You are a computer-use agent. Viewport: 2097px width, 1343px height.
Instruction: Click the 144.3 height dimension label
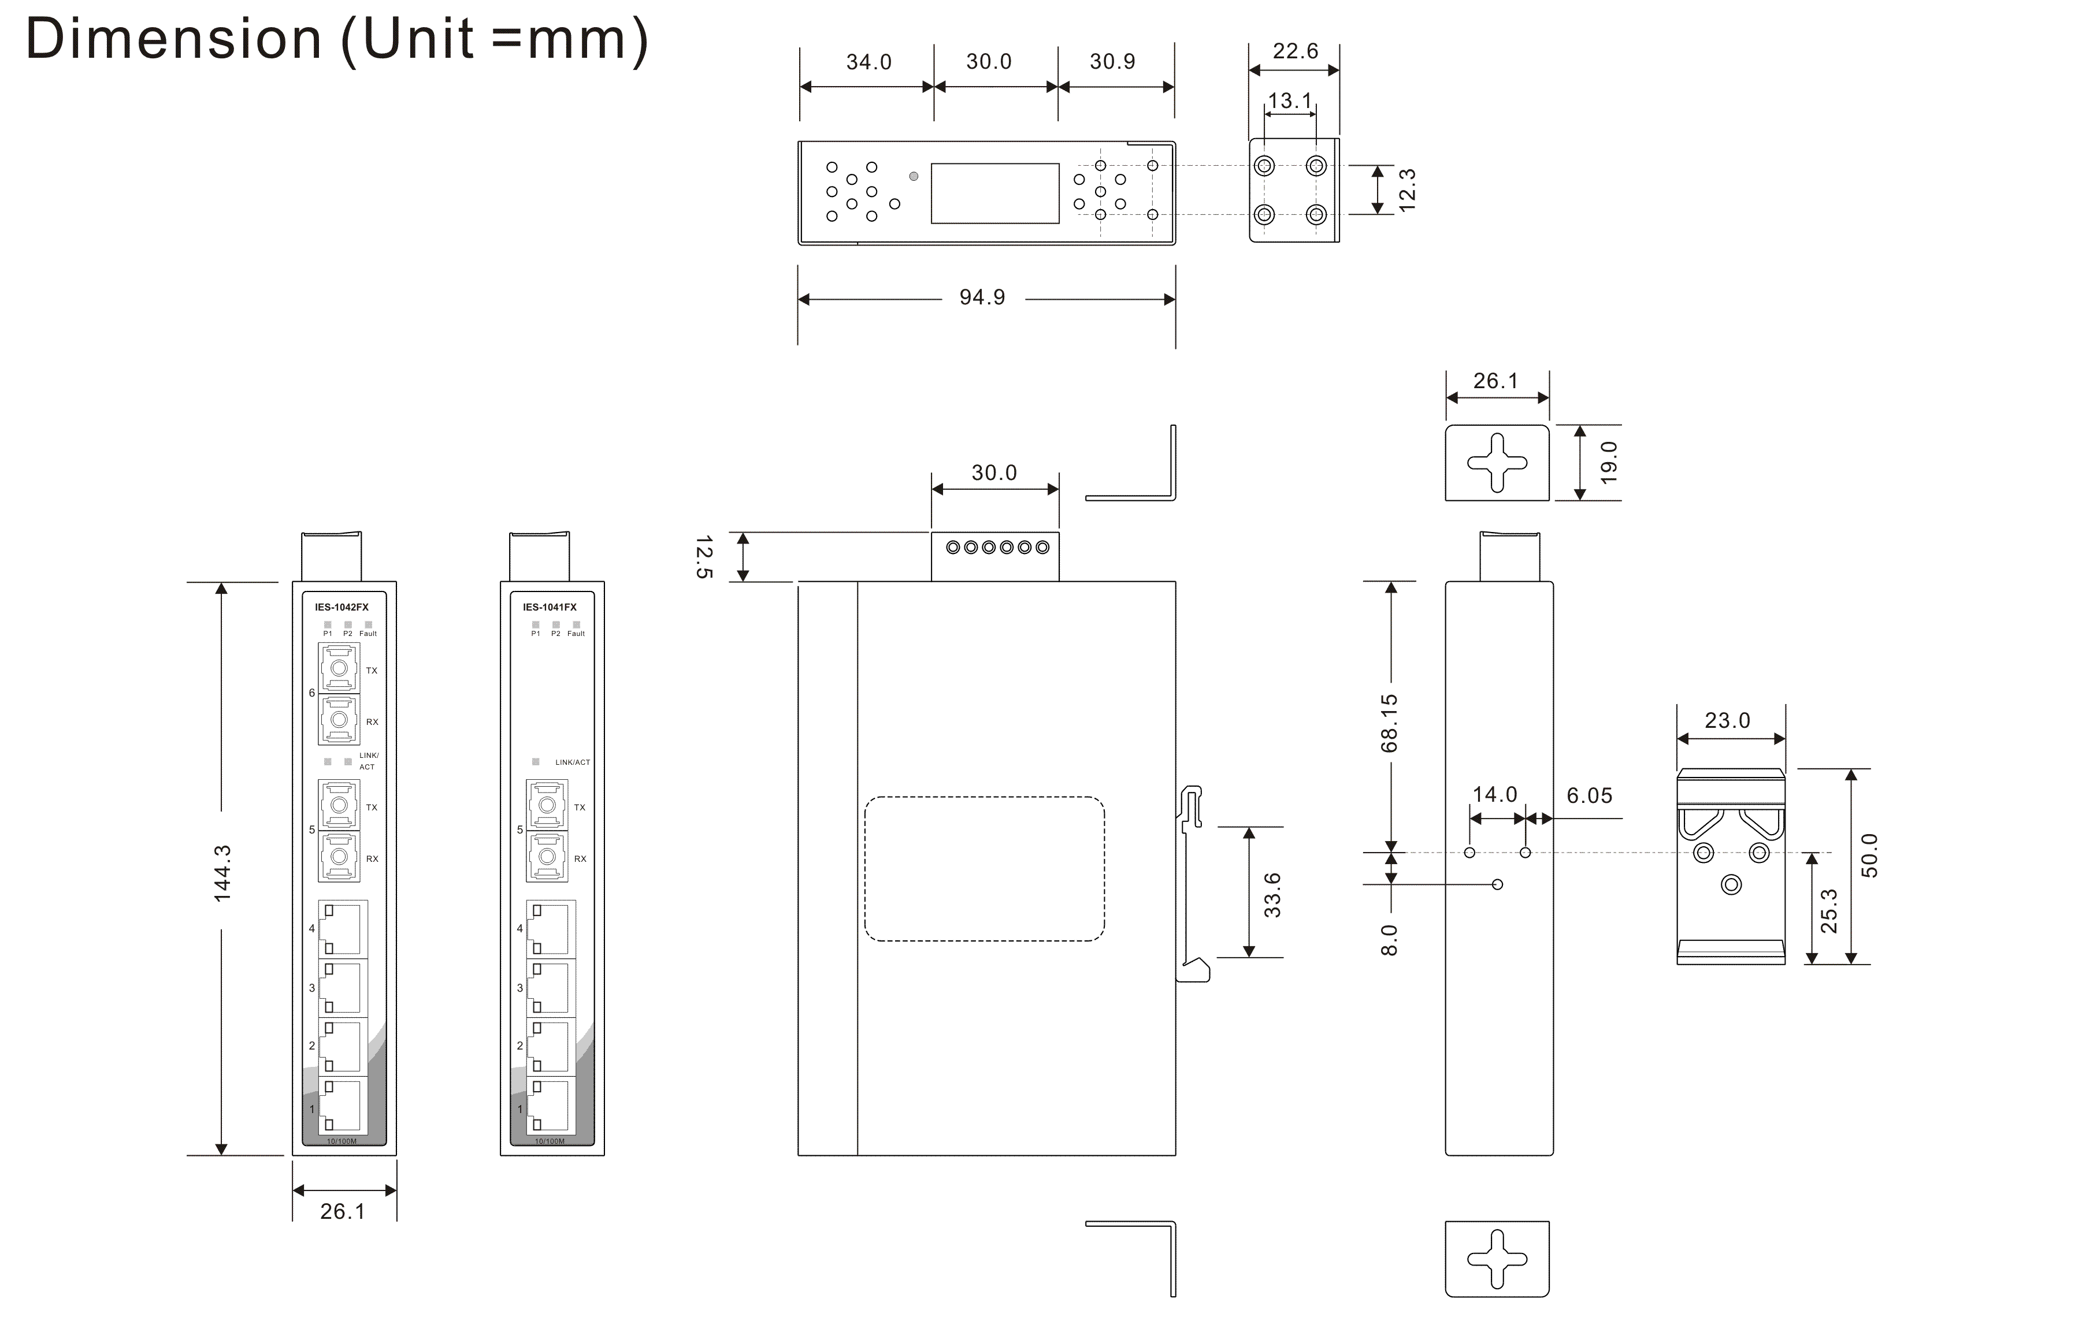pos(223,872)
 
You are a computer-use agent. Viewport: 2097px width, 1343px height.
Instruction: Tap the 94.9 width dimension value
pos(982,297)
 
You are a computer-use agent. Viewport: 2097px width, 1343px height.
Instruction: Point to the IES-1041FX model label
pos(550,607)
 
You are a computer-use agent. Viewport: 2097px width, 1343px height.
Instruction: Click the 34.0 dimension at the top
pos(869,62)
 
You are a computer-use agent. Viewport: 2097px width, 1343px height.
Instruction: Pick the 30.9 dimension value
pos(1112,62)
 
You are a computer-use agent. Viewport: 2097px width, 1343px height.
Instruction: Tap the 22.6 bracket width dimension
pos(1296,51)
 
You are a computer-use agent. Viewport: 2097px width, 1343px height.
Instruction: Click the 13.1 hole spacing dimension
pos(1289,101)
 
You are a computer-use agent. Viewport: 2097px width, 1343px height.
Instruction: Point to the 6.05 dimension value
pos(1589,795)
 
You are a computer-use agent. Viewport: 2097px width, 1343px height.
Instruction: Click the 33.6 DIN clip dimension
pos(1272,895)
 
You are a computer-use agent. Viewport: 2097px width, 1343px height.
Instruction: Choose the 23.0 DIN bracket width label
pos(1727,720)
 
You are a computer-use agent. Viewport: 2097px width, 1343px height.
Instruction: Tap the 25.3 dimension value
pos(1829,910)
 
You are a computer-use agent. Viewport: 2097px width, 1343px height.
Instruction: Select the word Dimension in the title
pos(175,39)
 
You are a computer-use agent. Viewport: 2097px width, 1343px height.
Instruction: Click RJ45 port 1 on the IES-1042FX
pos(342,1107)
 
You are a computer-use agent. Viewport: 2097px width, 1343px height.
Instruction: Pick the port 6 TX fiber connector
pos(339,669)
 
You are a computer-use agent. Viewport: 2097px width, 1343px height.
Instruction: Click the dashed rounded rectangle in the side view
pos(984,869)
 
